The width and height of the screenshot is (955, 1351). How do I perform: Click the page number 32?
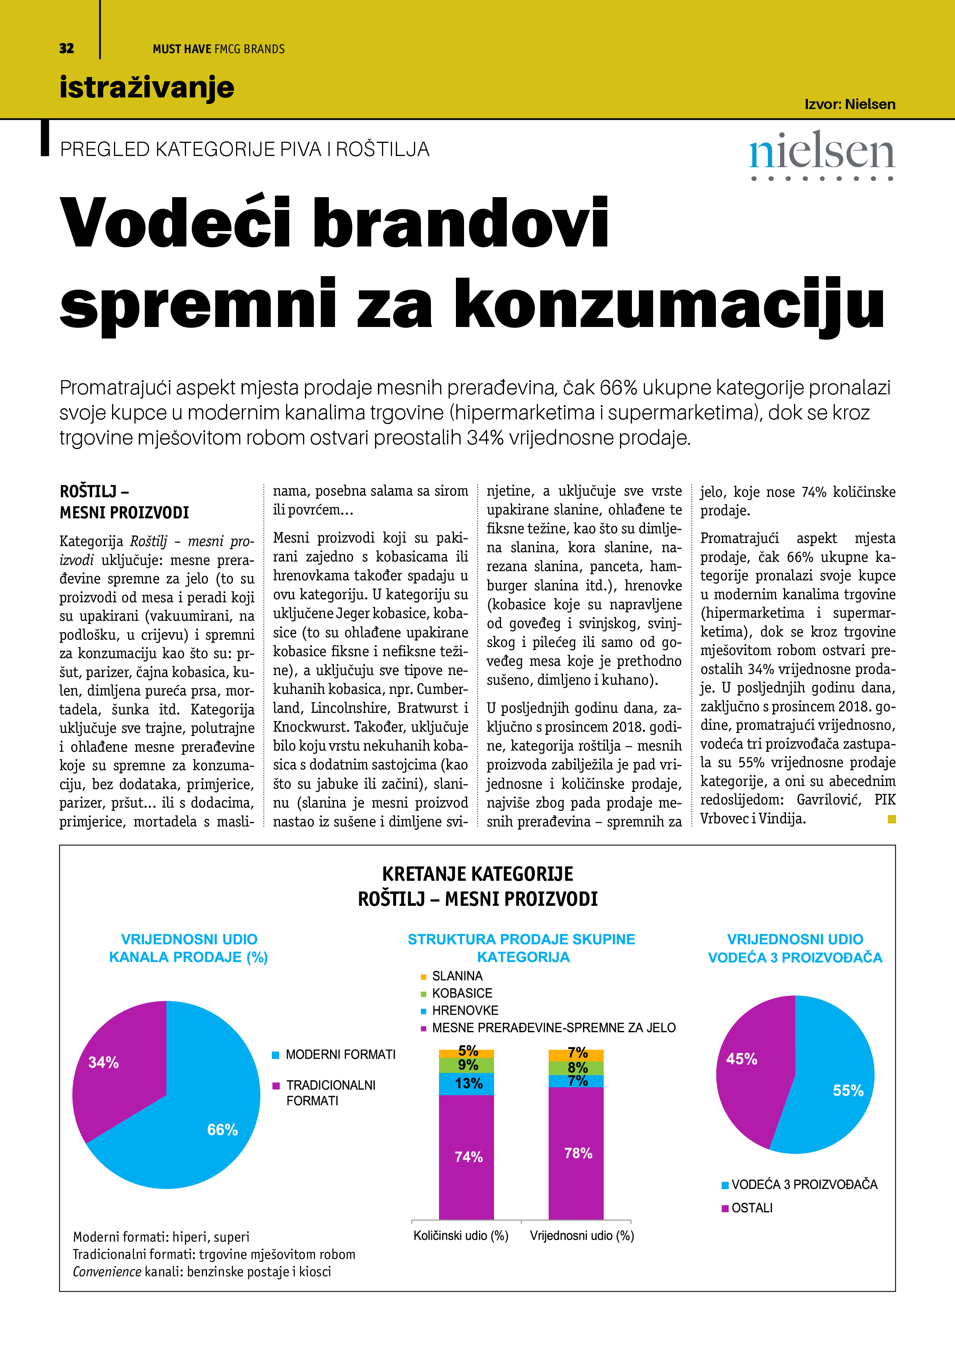[x=67, y=48]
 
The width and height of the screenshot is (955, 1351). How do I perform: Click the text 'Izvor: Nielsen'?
[x=849, y=104]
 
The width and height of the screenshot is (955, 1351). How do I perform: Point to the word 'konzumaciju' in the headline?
[x=669, y=305]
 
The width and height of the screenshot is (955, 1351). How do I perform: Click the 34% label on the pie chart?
[x=104, y=1062]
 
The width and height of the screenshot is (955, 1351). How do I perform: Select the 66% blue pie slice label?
[x=223, y=1130]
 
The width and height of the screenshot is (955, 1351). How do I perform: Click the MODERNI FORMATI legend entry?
[x=340, y=1054]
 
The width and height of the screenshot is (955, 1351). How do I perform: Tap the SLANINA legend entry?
[x=457, y=976]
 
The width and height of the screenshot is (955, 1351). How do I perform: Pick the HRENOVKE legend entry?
[x=465, y=1010]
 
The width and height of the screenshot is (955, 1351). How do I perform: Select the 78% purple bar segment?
[x=578, y=1153]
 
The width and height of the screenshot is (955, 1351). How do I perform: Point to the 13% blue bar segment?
[x=468, y=1083]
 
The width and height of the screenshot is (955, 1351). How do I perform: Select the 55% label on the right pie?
[x=848, y=1090]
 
